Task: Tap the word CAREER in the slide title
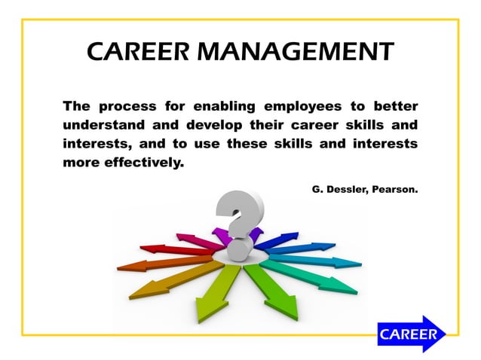(135, 51)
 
